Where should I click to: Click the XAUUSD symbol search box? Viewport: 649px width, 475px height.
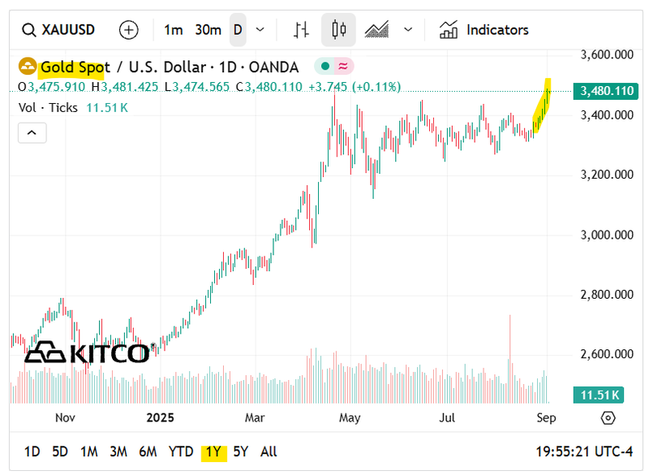click(x=58, y=30)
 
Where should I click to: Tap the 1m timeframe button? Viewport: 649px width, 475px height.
click(x=173, y=30)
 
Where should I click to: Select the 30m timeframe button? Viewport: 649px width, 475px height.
click(x=208, y=30)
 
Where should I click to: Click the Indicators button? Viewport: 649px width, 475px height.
click(x=484, y=30)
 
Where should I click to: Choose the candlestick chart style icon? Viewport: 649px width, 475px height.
click(x=338, y=30)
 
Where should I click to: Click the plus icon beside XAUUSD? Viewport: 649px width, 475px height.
click(x=129, y=30)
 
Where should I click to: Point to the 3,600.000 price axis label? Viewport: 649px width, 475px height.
click(x=607, y=55)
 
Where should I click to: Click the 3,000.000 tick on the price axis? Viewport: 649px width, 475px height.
click(x=607, y=235)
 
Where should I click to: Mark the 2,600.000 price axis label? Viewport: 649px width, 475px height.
click(x=607, y=354)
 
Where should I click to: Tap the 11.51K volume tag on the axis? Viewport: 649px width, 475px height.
click(x=600, y=395)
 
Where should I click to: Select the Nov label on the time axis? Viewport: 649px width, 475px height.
click(x=65, y=417)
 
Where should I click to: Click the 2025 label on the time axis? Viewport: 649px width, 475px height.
click(x=160, y=417)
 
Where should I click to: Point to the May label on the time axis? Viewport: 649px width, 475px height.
click(x=350, y=417)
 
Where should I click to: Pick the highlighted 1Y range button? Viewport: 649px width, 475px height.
click(x=213, y=451)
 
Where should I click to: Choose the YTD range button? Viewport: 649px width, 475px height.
click(x=181, y=451)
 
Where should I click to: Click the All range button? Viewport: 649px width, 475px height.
click(x=269, y=451)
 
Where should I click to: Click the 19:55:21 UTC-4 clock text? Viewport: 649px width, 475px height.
click(x=587, y=451)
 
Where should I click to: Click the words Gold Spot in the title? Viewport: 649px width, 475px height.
click(x=74, y=67)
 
